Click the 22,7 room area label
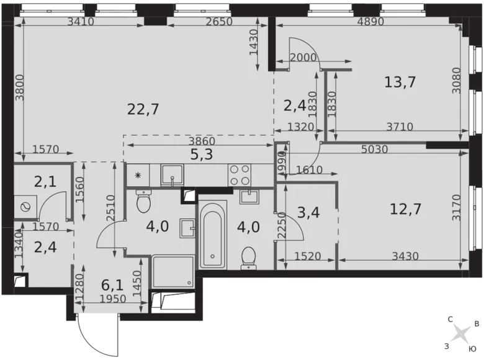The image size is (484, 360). [x=144, y=109]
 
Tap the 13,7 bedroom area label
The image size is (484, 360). [x=400, y=81]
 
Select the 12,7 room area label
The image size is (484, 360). [x=406, y=209]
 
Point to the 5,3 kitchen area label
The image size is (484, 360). [x=201, y=155]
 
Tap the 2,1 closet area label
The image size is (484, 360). [x=45, y=182]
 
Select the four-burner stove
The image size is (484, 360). [x=240, y=174]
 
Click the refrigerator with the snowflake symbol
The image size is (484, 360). [x=137, y=175]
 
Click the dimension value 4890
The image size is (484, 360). [x=371, y=22]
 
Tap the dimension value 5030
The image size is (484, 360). [x=375, y=149]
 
